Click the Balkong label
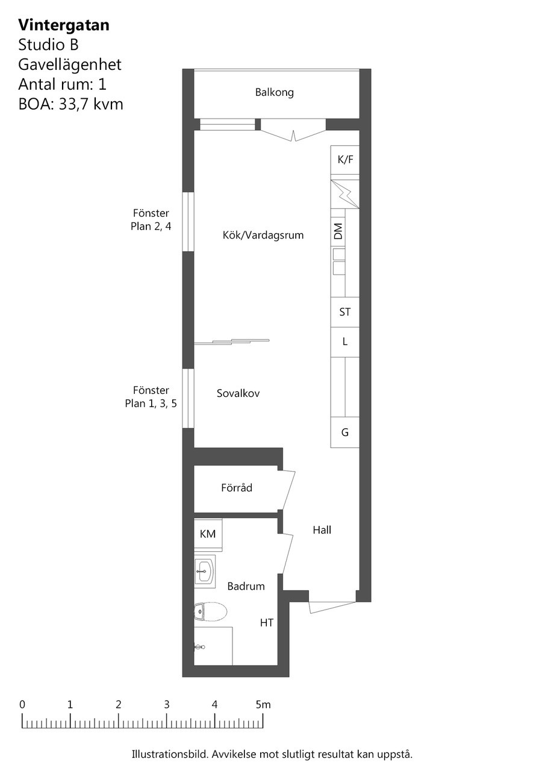click(274, 92)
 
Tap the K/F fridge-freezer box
click(344, 160)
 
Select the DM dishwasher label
click(338, 231)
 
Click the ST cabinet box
click(344, 312)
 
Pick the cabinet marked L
click(344, 342)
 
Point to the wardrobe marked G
click(344, 432)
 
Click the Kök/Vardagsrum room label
click(263, 236)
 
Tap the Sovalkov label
click(238, 393)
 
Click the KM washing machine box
click(208, 534)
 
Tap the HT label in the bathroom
click(267, 623)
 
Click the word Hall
click(322, 529)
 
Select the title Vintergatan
click(64, 25)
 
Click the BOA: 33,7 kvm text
click(70, 104)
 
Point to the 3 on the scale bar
click(167, 705)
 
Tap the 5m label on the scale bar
click(263, 705)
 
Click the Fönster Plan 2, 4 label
click(151, 220)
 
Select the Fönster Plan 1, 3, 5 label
click(151, 396)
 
